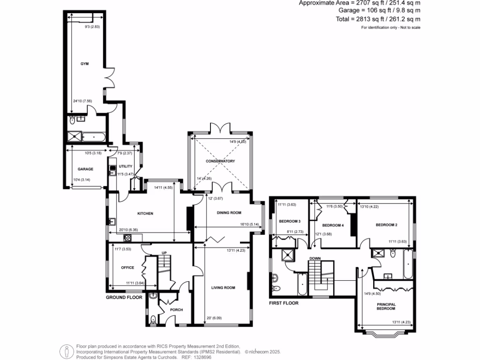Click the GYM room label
(x=84, y=63)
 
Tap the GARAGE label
(x=85, y=169)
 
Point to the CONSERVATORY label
(x=220, y=161)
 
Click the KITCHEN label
(x=145, y=214)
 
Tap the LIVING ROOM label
(x=223, y=288)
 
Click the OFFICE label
(x=128, y=268)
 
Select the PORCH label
(x=176, y=310)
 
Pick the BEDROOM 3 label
(x=289, y=221)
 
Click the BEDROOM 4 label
(x=333, y=225)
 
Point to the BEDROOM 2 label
(x=386, y=225)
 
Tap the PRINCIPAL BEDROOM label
(x=386, y=307)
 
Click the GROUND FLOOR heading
(x=124, y=298)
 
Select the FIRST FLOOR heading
(x=284, y=303)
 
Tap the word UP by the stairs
(x=164, y=253)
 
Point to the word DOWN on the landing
(x=315, y=258)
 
